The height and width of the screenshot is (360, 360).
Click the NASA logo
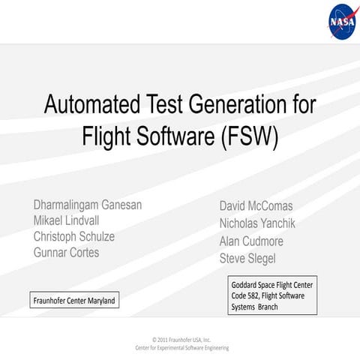point(342,22)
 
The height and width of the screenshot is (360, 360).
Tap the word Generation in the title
point(240,105)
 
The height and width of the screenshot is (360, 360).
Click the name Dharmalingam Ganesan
point(88,205)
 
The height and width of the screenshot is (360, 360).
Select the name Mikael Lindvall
point(66,220)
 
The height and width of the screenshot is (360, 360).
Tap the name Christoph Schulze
point(74,236)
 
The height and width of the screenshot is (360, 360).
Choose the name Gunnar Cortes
point(66,252)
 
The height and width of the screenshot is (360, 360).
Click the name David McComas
point(256,205)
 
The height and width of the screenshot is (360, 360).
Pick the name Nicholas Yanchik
point(257,223)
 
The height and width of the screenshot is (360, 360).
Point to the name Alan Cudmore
point(251,241)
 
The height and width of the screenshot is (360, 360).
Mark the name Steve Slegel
point(247,259)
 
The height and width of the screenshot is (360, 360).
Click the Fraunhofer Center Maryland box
point(74,301)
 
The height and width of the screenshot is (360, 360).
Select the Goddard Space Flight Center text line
point(271,285)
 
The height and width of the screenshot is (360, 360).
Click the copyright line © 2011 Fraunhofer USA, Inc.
point(181,339)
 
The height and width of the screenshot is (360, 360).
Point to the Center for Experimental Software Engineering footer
point(181,348)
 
